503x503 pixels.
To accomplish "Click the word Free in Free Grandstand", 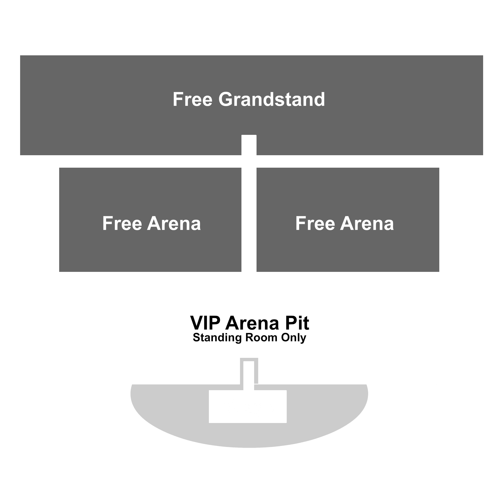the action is [193, 99].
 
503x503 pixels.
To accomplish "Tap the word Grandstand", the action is [272, 99].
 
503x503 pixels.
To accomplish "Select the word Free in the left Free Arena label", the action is [122, 224].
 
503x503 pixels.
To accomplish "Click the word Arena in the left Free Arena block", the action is [174, 224].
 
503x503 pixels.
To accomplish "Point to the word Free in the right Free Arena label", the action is [315, 224].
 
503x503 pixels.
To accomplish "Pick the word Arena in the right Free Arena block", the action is [367, 224].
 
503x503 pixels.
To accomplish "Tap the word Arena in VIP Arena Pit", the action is [252, 323].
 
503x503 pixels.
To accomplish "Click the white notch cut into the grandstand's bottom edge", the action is [249, 145].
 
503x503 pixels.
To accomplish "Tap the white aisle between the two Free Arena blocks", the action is [249, 220].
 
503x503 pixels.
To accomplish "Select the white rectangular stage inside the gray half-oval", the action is [248, 406].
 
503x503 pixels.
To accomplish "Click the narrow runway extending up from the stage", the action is [249, 375].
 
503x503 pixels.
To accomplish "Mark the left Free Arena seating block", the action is [150, 220].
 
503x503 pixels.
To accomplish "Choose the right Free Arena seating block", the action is [348, 220].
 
